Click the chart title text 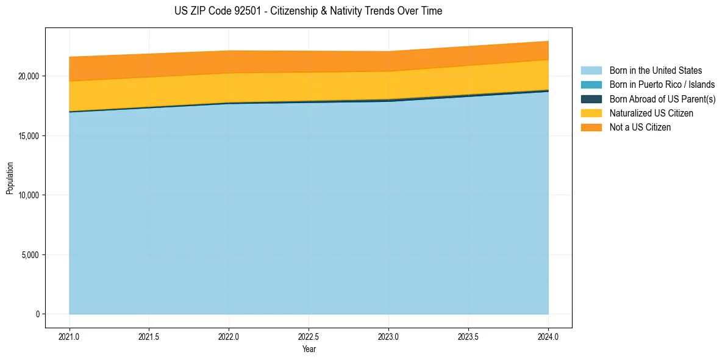tap(308, 11)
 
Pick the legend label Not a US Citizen tap(640, 128)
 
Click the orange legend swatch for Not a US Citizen tap(591, 128)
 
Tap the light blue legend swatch tap(591, 71)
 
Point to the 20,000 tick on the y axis tap(29, 76)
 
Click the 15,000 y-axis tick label tap(29, 135)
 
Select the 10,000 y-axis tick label tap(29, 195)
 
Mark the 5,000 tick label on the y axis tap(30, 254)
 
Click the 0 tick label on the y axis tap(37, 314)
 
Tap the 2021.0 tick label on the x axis tap(69, 336)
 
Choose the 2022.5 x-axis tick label tap(309, 336)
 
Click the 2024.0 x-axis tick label tap(548, 336)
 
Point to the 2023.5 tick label tap(468, 336)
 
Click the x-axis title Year tap(309, 349)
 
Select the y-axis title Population tap(10, 178)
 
